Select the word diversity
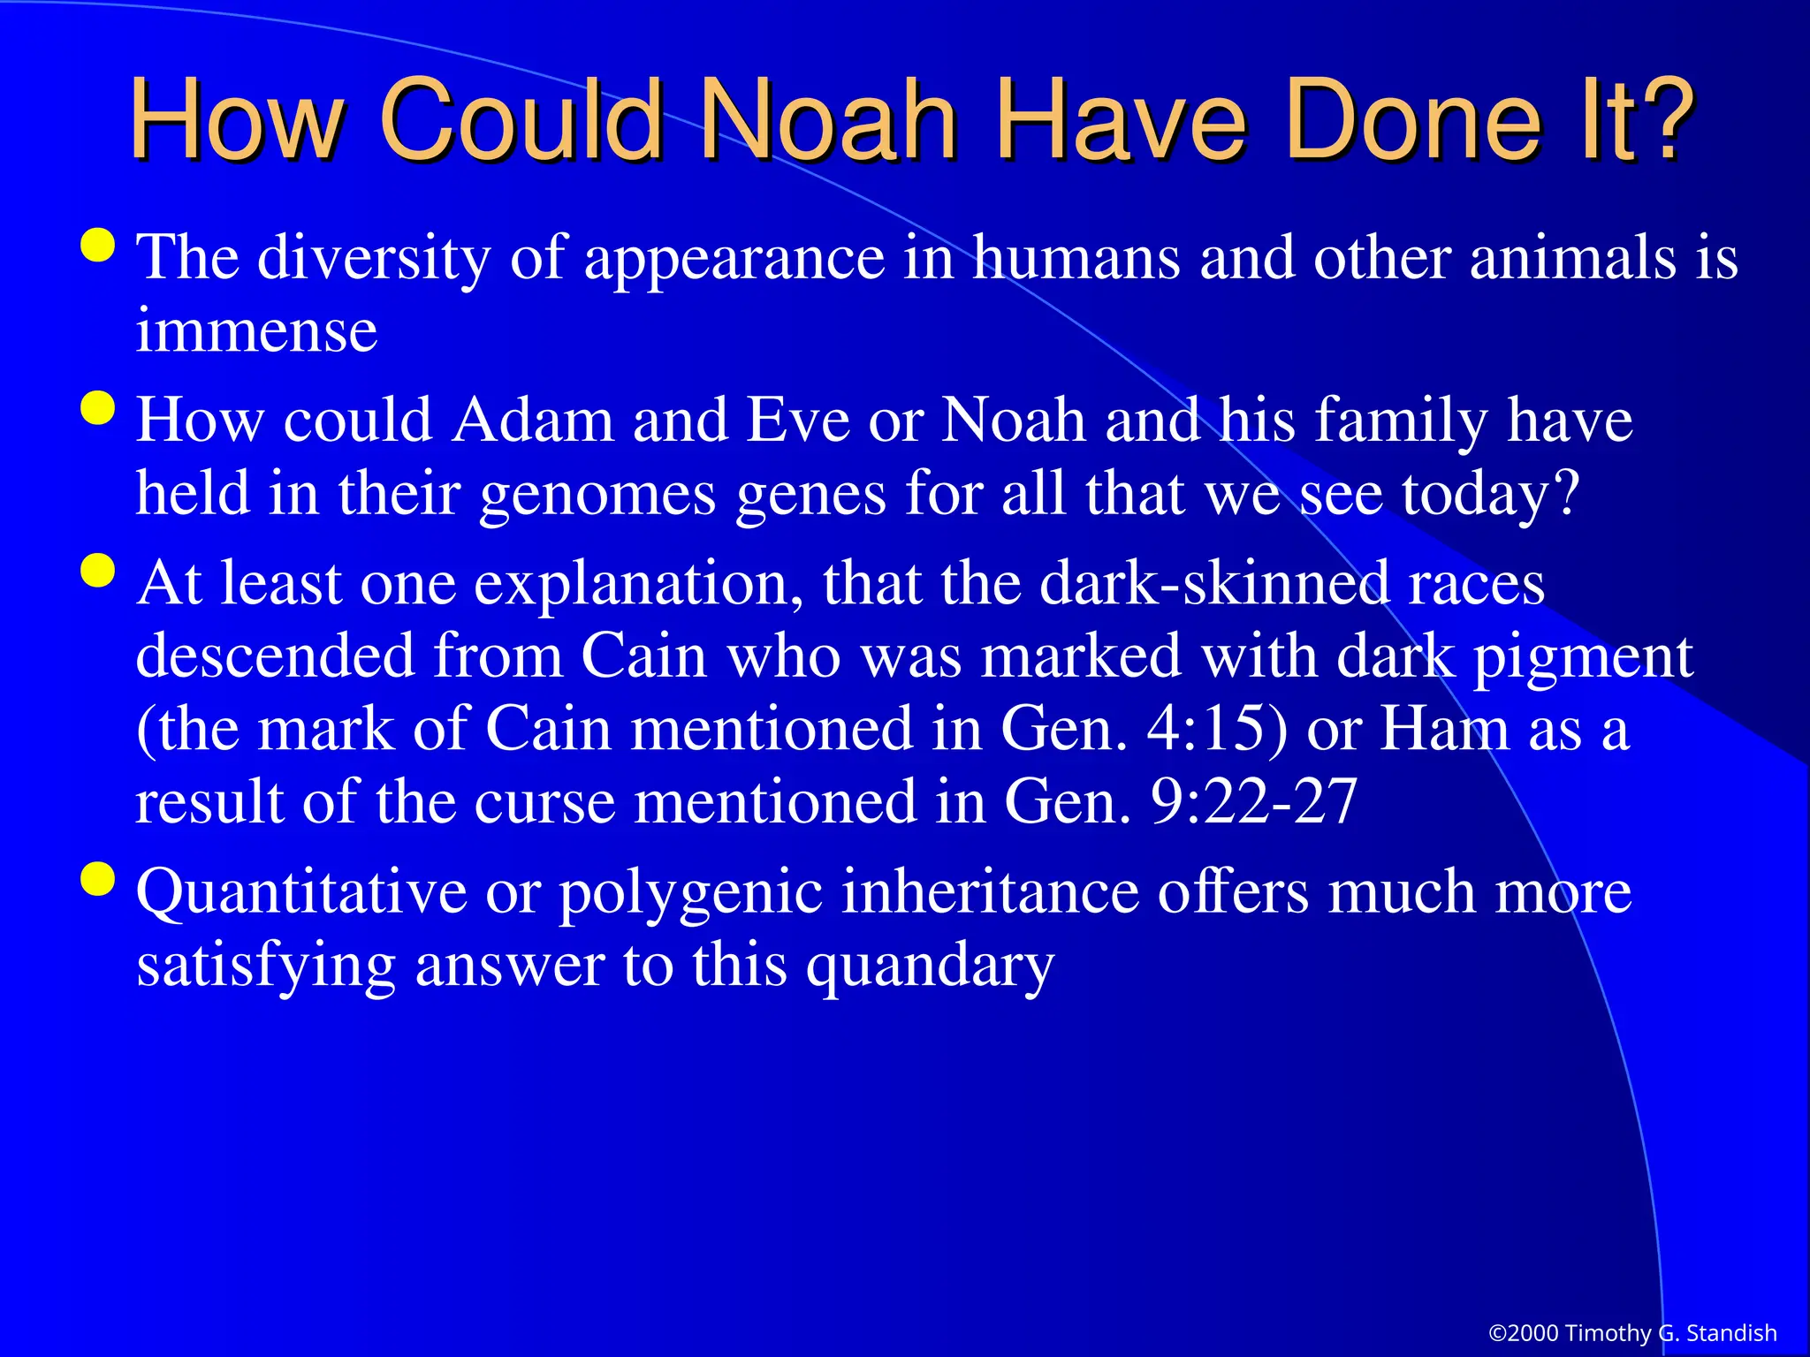(373, 258)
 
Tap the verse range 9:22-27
(1253, 803)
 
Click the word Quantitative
(300, 892)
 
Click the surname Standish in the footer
(1731, 1333)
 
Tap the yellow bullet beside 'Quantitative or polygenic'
(97, 880)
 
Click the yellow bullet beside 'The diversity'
(97, 246)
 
